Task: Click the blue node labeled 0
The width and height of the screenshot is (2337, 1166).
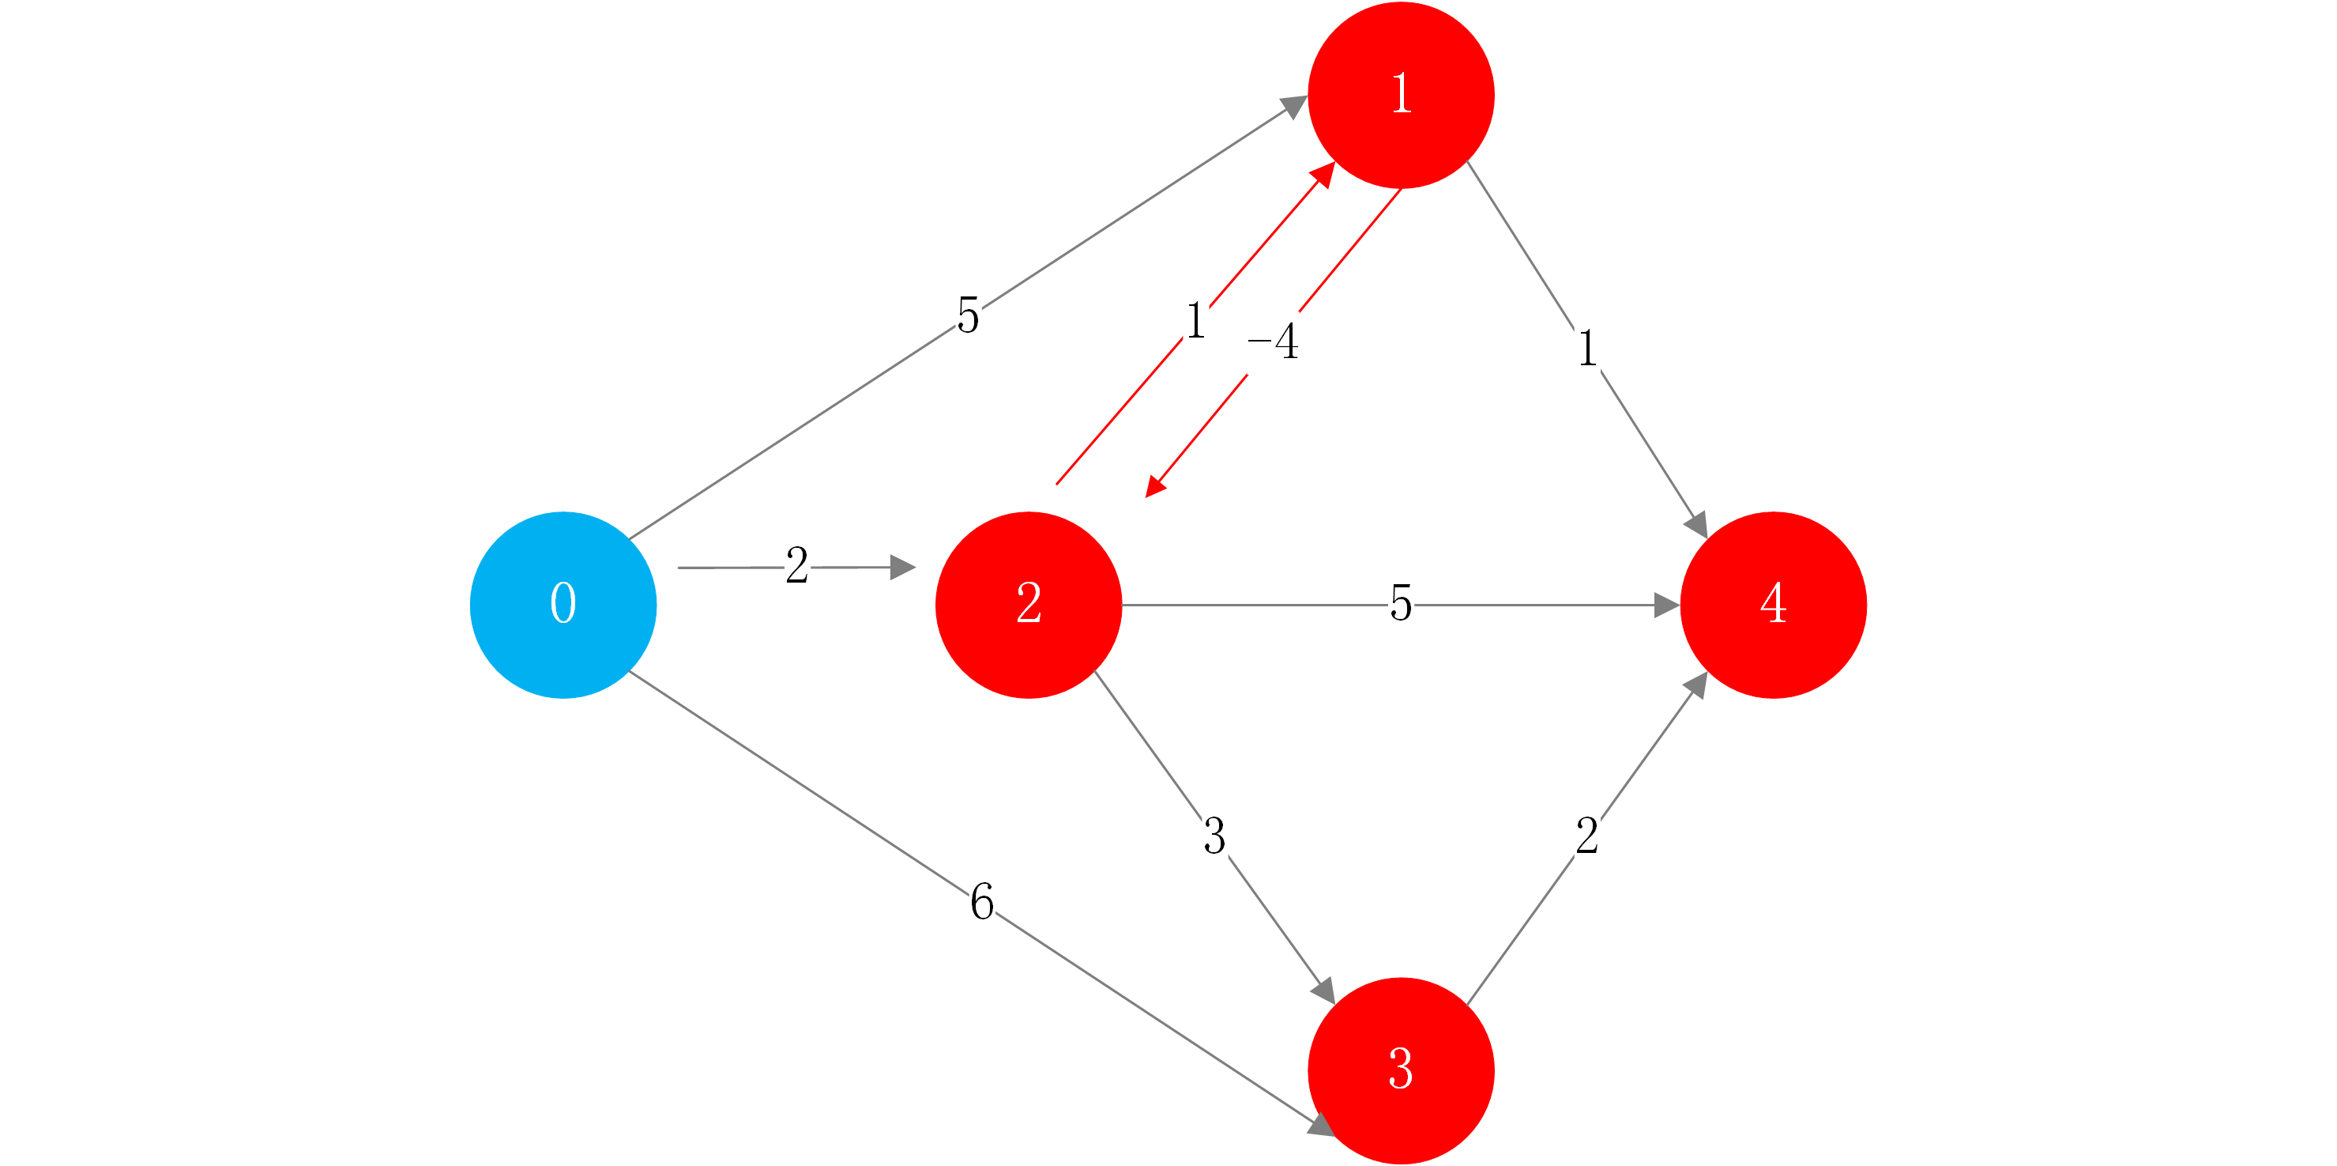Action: click(x=563, y=604)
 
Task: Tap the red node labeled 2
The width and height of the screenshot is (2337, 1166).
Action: click(x=1028, y=604)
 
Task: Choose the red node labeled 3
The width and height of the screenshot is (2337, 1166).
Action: click(x=1401, y=1070)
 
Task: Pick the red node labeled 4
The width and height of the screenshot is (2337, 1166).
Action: click(x=1773, y=604)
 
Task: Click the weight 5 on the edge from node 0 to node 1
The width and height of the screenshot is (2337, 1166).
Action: click(x=968, y=315)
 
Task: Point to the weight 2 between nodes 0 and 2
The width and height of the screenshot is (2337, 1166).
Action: click(x=796, y=565)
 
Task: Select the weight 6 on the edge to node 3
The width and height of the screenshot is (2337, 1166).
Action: click(x=981, y=901)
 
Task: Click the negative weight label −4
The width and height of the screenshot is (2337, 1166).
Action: click(x=1274, y=342)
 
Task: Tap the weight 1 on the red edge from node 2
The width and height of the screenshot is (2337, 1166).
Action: click(x=1195, y=321)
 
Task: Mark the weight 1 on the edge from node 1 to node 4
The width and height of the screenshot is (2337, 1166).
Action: click(x=1586, y=349)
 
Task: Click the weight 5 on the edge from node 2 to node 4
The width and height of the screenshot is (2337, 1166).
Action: click(x=1401, y=603)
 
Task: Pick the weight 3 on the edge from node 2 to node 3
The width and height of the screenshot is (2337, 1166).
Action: click(x=1214, y=836)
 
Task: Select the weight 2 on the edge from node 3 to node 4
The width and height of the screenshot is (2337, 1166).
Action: click(x=1586, y=836)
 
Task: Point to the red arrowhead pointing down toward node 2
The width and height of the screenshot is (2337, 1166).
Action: click(x=1155, y=487)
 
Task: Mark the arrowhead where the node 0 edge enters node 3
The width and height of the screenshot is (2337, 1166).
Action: click(x=1320, y=1125)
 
